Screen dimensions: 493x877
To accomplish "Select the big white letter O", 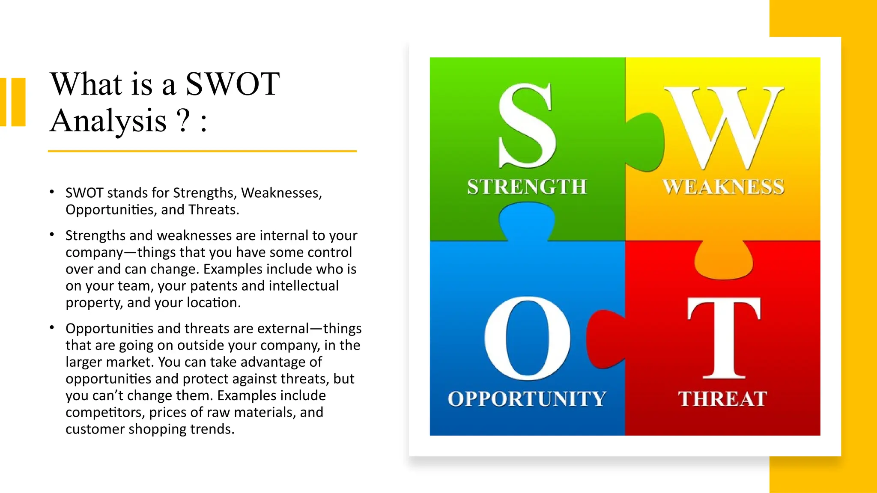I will tap(527, 338).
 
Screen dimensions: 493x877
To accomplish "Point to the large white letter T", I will tap(724, 338).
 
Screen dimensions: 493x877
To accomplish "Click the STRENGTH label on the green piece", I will tap(527, 187).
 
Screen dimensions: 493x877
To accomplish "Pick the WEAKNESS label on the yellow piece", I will tap(723, 187).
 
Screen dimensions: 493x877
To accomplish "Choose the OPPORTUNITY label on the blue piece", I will tap(527, 399).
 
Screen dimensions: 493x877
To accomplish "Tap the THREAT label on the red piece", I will tap(722, 399).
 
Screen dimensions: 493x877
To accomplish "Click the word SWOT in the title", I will tap(233, 84).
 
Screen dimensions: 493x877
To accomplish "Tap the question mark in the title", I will tap(183, 121).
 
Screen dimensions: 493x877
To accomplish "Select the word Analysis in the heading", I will tap(108, 121).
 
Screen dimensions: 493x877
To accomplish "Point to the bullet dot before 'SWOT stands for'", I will tap(52, 192).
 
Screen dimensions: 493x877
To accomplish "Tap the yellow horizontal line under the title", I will tap(202, 151).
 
